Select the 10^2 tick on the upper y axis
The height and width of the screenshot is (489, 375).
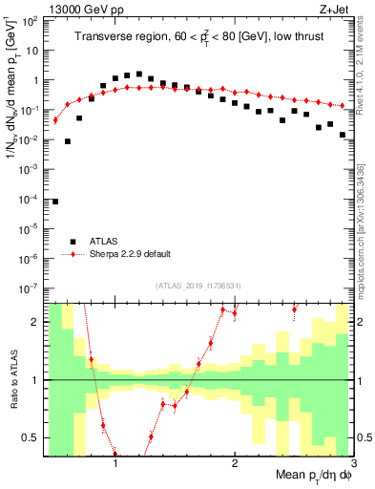pos(31,20)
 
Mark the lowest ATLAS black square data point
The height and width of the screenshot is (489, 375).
pos(55,202)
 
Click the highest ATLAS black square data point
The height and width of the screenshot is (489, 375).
pos(139,74)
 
